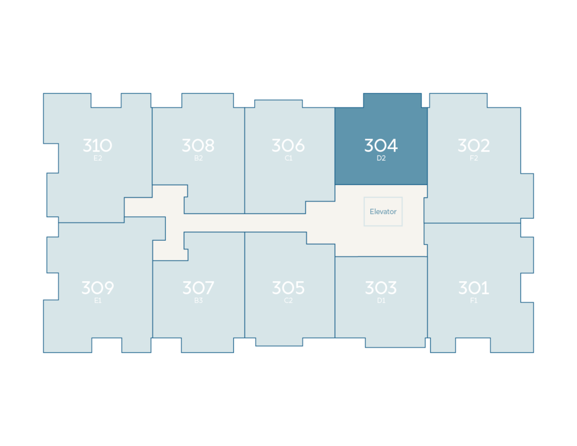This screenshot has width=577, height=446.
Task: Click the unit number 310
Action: (97, 145)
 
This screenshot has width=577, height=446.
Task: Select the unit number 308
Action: (198, 145)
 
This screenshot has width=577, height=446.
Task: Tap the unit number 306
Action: (288, 145)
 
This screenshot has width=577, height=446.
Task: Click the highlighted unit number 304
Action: (381, 145)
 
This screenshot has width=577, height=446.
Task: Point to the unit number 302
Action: (473, 145)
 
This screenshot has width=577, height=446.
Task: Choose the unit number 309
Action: (97, 288)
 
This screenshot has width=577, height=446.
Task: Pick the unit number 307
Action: (198, 288)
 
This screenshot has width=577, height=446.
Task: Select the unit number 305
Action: (288, 288)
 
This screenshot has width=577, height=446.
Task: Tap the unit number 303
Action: (381, 288)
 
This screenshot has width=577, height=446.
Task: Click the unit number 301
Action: (473, 288)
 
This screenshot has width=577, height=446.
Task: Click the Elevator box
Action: (383, 211)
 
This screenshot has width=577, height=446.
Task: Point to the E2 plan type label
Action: (97, 158)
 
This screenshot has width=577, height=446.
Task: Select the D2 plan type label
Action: (381, 158)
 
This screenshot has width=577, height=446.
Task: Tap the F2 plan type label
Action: (473, 158)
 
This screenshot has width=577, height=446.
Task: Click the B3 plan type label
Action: (198, 301)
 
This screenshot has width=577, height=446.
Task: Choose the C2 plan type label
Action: (288, 301)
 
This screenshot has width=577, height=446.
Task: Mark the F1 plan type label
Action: (473, 301)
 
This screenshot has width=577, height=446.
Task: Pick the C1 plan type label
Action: (288, 158)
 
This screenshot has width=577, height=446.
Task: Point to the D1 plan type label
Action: (381, 301)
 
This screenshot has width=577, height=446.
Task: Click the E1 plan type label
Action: (97, 301)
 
